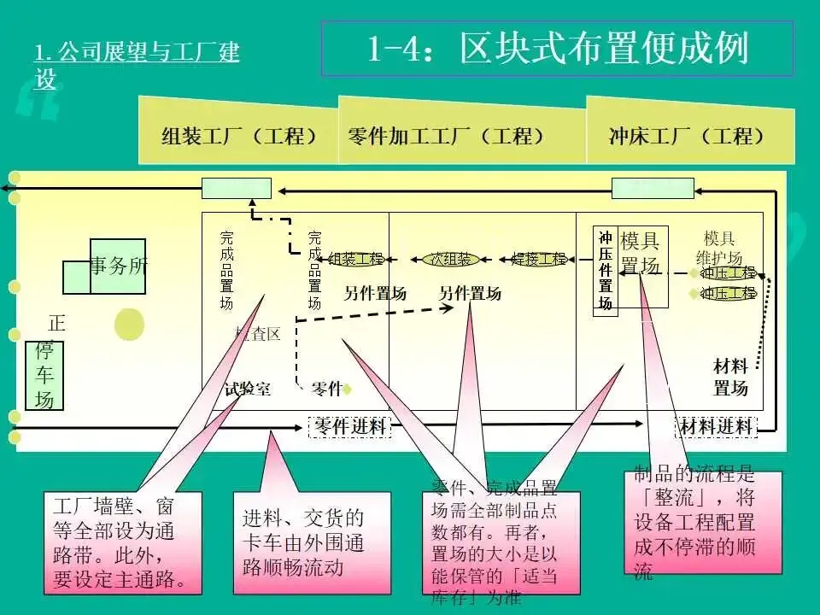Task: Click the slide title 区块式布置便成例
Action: coord(557,49)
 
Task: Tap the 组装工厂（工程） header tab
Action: coord(239,136)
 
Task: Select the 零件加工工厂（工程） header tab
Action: coord(446,136)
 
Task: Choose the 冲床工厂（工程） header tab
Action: coord(687,136)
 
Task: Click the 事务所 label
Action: coord(119,266)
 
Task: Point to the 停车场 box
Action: coord(44,376)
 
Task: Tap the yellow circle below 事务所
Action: coord(129,325)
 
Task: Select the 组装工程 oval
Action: coord(356,259)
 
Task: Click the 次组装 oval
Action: coord(451,259)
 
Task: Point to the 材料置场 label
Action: coord(730,378)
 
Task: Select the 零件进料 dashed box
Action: coord(348,426)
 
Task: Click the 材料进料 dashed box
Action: coord(717,426)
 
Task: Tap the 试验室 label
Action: coord(248,389)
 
